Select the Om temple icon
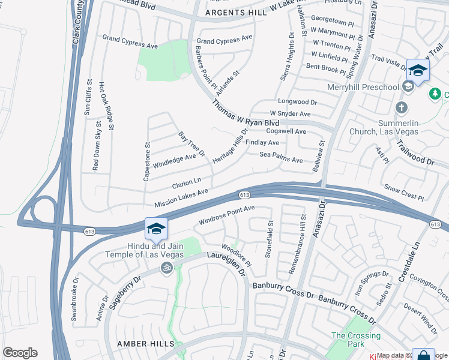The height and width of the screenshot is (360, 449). click(166, 268)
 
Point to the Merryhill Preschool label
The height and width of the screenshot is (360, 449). click(363, 88)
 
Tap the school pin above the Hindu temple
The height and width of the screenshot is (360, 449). click(155, 229)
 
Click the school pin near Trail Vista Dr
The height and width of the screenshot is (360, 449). click(418, 71)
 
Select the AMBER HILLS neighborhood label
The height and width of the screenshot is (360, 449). click(146, 344)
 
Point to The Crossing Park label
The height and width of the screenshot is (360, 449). click(356, 340)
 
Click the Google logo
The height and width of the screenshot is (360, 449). click(20, 353)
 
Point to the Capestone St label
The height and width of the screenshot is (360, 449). click(146, 160)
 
